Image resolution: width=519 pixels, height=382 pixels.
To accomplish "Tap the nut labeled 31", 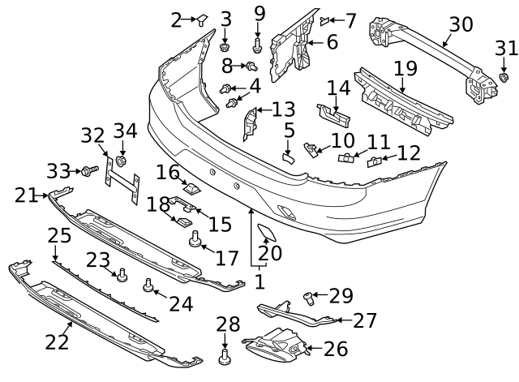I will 503,78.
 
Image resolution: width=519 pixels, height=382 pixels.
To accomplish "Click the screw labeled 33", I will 87,170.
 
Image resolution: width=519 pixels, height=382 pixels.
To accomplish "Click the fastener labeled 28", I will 227,355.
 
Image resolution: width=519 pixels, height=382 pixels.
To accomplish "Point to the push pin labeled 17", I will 195,240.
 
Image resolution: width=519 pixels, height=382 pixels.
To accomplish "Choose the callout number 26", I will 340,349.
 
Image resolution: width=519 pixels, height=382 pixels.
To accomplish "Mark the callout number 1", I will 259,281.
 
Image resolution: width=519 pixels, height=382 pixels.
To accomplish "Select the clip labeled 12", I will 375,162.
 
